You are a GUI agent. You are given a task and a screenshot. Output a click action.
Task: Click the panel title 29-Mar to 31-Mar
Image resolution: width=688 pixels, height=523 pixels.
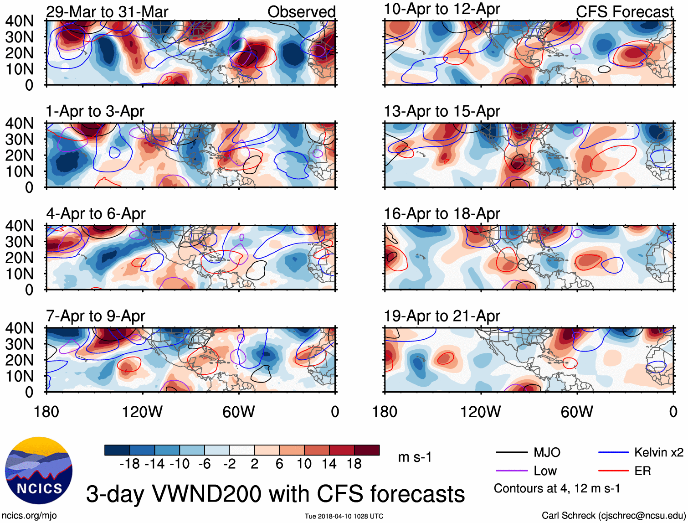point(107,12)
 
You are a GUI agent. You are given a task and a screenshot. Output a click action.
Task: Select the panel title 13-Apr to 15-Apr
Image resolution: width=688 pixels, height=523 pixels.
point(442,111)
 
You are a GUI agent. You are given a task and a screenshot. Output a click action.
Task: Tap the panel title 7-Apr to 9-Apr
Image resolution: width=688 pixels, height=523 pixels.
point(96,316)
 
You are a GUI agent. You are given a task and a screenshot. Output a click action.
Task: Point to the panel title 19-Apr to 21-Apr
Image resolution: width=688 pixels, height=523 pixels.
point(442,316)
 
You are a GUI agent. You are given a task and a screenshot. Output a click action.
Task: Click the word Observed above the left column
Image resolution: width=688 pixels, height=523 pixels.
point(301,12)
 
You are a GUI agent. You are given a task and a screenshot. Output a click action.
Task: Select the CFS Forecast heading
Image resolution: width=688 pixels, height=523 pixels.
point(624,12)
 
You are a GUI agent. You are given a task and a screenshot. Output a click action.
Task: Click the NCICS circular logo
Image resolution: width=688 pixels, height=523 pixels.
point(39,471)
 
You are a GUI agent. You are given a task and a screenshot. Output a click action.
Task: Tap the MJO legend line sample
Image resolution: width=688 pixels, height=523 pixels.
point(512,452)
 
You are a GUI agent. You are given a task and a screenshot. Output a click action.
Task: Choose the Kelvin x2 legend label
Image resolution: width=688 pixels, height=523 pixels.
point(659,452)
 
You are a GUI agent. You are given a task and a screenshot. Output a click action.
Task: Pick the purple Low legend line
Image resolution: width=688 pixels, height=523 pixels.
point(512,471)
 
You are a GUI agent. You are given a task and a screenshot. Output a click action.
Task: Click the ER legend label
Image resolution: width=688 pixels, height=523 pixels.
point(642,471)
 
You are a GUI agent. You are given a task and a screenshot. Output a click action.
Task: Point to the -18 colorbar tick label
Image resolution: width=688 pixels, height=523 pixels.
point(129,464)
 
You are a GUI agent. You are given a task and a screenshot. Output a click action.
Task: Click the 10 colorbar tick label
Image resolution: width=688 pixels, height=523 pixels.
point(304,464)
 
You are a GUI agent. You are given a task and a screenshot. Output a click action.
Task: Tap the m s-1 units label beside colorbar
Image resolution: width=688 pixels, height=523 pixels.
point(415,457)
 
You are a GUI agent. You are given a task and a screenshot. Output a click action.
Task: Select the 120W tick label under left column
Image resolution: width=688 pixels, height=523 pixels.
point(142,412)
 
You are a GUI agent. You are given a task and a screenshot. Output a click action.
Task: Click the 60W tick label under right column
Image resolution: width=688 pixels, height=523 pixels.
point(577,412)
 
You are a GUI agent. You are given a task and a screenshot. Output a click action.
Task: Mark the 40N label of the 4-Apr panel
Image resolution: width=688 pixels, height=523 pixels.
point(19,226)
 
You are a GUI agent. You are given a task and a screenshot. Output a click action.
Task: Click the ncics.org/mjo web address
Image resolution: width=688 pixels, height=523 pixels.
point(29,516)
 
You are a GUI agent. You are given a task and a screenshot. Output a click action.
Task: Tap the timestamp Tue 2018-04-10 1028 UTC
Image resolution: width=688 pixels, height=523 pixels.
point(344,516)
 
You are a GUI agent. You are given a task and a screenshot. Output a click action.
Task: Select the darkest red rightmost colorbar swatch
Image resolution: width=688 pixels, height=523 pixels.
point(367,451)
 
